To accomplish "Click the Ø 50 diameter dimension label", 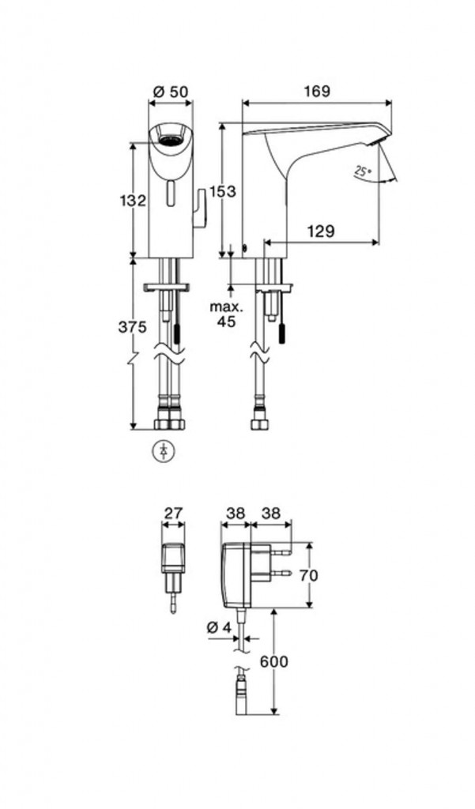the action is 171,92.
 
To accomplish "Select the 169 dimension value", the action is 316,92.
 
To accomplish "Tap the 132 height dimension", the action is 134,200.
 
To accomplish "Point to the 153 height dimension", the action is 223,191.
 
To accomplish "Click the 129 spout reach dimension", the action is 321,231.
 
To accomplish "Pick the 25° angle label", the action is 364,171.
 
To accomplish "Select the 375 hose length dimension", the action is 133,326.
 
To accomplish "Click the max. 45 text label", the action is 226,314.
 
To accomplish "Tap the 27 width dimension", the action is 173,514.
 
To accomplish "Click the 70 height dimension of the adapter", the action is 308,575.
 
